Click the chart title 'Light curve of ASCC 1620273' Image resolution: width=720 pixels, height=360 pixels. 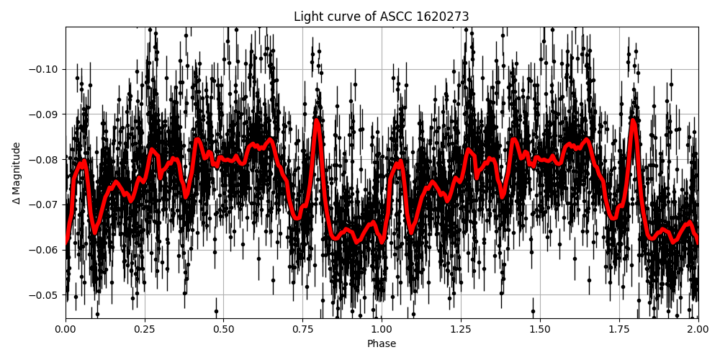coord(381,17)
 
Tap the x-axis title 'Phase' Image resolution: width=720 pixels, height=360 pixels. coord(381,344)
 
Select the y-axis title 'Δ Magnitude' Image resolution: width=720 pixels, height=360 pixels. coord(17,173)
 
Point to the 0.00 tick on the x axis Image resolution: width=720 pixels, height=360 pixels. coord(66,330)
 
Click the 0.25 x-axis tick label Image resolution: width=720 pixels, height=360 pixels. coord(145,330)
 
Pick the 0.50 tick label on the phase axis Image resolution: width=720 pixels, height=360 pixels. coord(223,330)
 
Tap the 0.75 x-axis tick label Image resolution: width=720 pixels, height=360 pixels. coord(302,330)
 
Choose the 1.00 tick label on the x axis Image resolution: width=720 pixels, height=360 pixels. coord(382,330)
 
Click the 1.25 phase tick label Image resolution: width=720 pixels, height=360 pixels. coord(461,330)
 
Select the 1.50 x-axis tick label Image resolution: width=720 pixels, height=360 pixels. coord(540,330)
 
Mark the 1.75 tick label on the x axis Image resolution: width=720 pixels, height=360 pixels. coord(618,330)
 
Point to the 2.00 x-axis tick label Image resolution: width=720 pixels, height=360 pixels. coord(698,330)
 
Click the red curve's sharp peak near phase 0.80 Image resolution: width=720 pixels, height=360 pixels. coord(317,120)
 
